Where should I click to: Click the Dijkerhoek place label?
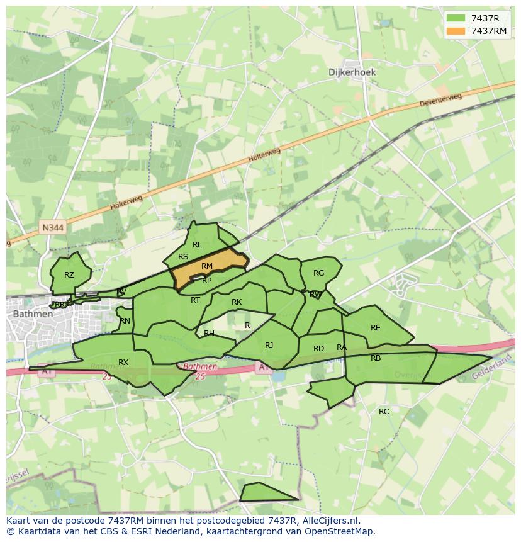click(x=352, y=72)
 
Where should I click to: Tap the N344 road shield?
click(x=53, y=227)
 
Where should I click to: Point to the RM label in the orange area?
click(x=207, y=266)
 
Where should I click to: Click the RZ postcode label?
click(x=69, y=275)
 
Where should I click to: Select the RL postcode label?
click(x=197, y=245)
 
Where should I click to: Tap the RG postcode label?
click(x=318, y=273)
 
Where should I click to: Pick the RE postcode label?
click(x=376, y=328)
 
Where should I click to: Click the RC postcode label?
click(x=384, y=412)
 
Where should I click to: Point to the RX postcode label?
click(x=123, y=362)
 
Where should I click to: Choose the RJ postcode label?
click(x=269, y=345)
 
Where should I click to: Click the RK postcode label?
click(x=237, y=302)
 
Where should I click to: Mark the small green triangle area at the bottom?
click(x=264, y=493)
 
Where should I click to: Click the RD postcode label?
click(x=318, y=349)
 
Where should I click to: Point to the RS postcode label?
click(x=183, y=257)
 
